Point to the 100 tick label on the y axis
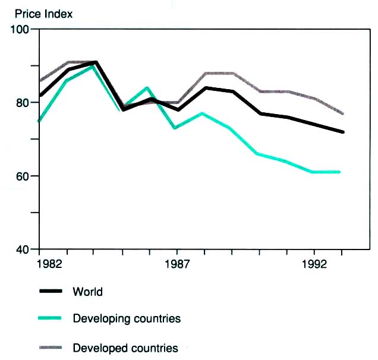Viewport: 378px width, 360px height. coord(21,30)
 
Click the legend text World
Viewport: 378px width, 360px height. coord(87,292)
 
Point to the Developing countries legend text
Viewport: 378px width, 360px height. coord(127,319)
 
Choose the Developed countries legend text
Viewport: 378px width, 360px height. coord(125,348)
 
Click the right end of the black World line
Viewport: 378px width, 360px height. coord(343,132)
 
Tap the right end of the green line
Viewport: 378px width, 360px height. coord(339,172)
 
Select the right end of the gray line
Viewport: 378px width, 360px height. coord(343,113)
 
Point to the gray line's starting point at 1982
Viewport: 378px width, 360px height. coord(40,80)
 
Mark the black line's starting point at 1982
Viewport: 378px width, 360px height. coord(40,95)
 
